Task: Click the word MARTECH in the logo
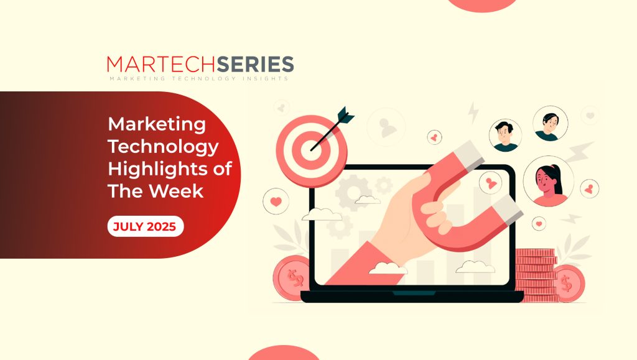click(162, 65)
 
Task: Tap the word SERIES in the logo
click(256, 65)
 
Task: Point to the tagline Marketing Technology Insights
click(199, 78)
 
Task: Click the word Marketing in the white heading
click(157, 124)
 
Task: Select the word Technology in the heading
click(164, 147)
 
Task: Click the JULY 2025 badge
click(146, 226)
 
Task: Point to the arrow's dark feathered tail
click(345, 115)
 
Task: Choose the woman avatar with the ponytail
click(549, 181)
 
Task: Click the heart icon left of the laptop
click(276, 201)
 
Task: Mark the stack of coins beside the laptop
click(536, 275)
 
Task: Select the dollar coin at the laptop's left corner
click(292, 278)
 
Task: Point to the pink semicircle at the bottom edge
click(283, 353)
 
